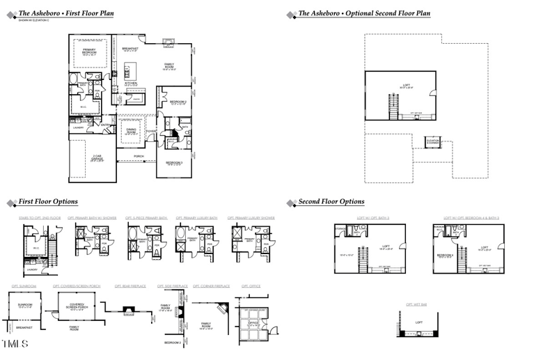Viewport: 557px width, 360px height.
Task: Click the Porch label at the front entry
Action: tap(139, 157)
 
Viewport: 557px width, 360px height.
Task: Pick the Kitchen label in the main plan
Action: tap(131, 84)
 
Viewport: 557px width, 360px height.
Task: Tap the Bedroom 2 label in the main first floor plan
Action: tap(178, 103)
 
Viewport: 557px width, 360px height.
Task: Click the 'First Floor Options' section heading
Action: tap(47, 202)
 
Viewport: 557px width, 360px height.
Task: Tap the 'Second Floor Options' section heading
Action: tap(331, 202)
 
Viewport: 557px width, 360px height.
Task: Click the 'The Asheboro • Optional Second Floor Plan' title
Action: tap(363, 13)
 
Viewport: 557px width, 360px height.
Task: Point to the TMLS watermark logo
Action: tap(15, 345)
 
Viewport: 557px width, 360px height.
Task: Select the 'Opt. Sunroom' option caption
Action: tap(24, 286)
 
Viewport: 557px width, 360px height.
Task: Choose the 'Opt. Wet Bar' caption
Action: tap(416, 304)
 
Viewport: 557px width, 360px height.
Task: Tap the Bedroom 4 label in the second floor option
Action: tap(445, 256)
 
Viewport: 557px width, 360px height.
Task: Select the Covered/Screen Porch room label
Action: tap(77, 307)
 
